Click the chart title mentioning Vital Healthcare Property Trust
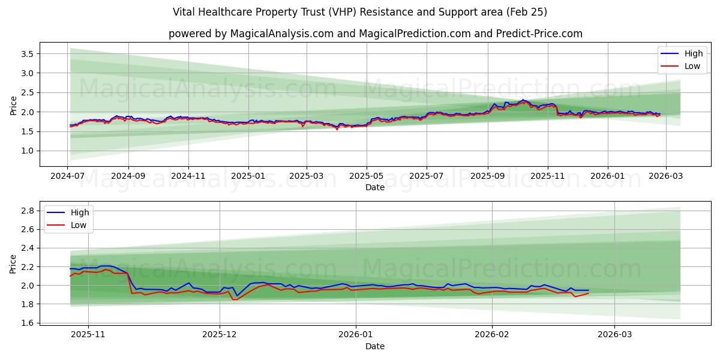pyautogui.click(x=359, y=12)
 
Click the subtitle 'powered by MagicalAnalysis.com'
pyautogui.click(x=375, y=34)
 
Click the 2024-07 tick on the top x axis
pyautogui.click(x=68, y=177)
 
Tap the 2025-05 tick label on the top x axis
pyautogui.click(x=367, y=177)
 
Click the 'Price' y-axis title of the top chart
pyautogui.click(x=13, y=105)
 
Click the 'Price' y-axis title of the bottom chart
pyautogui.click(x=13, y=263)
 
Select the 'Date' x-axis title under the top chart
pyautogui.click(x=375, y=187)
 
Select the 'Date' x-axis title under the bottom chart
pyautogui.click(x=375, y=346)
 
